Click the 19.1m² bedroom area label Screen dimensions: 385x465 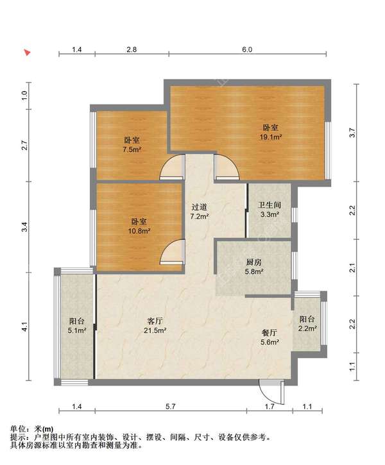(271, 132)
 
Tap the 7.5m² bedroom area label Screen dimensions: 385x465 (132, 145)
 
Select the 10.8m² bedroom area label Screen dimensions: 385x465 (139, 226)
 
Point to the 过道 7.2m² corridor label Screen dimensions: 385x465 (200, 212)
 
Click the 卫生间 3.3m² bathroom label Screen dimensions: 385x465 (269, 209)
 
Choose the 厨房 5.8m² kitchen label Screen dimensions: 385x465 (254, 267)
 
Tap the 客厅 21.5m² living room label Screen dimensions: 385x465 (155, 325)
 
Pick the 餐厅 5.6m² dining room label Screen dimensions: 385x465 (269, 337)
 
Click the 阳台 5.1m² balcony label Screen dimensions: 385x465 (77, 325)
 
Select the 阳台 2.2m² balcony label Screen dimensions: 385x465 (307, 323)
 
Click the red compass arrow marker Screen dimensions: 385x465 (28, 53)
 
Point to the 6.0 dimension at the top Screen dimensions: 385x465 (247, 49)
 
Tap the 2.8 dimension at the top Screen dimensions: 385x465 (132, 49)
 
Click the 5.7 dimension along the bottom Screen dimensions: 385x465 (171, 406)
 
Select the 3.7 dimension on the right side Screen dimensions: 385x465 (352, 132)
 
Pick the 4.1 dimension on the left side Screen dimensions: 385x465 (25, 327)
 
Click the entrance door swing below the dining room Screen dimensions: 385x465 (271, 392)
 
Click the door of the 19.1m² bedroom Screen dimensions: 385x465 (227, 167)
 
